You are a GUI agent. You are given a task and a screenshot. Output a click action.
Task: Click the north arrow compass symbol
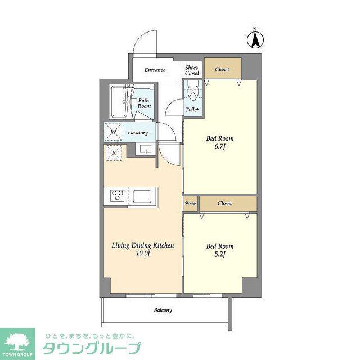[255, 39]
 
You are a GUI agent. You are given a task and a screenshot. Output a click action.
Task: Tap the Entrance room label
[155, 70]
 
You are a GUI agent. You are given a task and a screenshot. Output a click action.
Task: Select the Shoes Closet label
[192, 70]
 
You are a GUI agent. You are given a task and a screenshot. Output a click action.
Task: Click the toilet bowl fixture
[192, 91]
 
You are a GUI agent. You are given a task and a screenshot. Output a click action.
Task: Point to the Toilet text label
[192, 110]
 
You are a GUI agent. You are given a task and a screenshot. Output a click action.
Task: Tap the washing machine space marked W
[113, 132]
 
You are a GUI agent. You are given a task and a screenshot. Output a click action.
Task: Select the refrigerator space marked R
[114, 152]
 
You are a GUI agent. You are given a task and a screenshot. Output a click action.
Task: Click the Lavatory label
[138, 133]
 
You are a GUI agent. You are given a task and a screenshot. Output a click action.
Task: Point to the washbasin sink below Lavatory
[145, 148]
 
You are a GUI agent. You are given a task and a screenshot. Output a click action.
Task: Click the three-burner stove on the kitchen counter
[117, 196]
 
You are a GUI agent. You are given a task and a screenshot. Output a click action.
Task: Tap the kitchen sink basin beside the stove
[142, 196]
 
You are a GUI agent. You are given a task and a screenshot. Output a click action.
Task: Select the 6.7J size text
[219, 146]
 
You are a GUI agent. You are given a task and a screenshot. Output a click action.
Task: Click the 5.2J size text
[220, 254]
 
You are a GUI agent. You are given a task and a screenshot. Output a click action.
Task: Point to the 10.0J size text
[143, 254]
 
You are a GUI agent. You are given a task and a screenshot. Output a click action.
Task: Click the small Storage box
[191, 203]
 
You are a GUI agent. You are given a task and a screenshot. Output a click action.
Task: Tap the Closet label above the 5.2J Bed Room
[224, 203]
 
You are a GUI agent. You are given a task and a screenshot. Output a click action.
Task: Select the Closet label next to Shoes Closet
[222, 69]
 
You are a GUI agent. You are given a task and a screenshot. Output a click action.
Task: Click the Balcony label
[163, 310]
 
